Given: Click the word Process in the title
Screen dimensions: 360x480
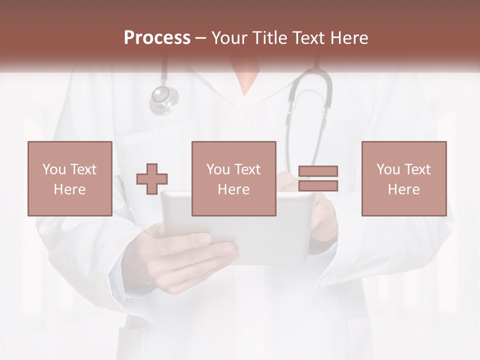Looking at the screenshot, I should (157, 38).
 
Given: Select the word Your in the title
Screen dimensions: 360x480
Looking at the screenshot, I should (229, 38).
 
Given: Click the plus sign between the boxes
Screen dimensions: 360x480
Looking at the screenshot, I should (152, 179).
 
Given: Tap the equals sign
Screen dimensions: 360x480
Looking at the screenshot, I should (318, 178).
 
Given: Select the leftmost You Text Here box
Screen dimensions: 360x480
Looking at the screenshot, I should (69, 178).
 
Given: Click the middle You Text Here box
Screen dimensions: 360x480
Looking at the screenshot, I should (233, 178).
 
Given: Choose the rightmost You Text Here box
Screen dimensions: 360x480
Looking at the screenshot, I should (403, 178).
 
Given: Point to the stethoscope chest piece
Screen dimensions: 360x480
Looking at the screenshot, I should (164, 98).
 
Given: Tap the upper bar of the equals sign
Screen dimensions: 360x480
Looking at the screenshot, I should (318, 171).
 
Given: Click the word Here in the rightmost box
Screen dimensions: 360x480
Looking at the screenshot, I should (403, 189).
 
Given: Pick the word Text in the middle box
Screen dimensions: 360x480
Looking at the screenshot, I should (247, 169).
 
